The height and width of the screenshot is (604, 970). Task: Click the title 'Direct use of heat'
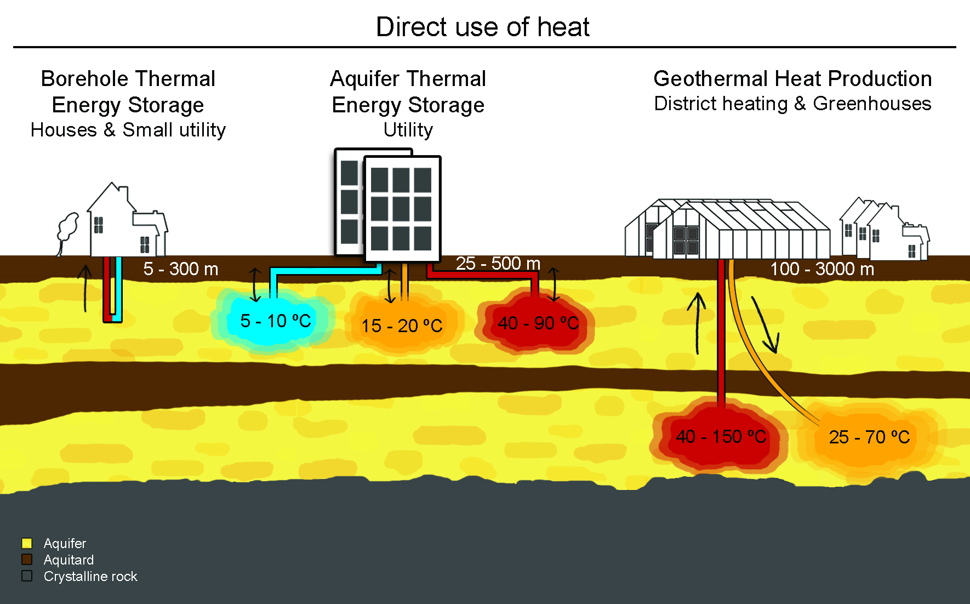tap(482, 27)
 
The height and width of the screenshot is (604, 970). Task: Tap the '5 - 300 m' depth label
tap(181, 269)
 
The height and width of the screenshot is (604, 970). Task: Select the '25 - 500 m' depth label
tap(498, 264)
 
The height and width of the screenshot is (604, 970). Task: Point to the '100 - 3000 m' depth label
tap(822, 269)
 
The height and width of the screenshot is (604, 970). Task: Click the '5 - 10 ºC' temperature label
tap(275, 321)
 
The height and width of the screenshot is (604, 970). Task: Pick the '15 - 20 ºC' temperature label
tap(402, 326)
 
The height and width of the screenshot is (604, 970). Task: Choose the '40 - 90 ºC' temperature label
tap(538, 323)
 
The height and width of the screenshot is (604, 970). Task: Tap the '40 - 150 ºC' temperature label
tap(721, 437)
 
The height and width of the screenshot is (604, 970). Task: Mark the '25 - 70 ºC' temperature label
tap(869, 437)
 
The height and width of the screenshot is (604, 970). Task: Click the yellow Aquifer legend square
tap(27, 543)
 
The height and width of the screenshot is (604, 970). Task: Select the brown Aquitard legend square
tap(27, 560)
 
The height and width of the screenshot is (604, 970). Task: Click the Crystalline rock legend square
tap(27, 576)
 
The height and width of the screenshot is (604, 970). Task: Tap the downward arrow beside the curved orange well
tap(765, 326)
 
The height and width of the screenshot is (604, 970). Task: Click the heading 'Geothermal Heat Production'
tap(792, 79)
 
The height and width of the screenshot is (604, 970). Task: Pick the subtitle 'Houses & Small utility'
tap(128, 130)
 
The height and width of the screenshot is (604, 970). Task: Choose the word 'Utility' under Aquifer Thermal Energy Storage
tap(408, 130)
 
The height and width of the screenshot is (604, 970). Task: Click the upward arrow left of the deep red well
tap(697, 323)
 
